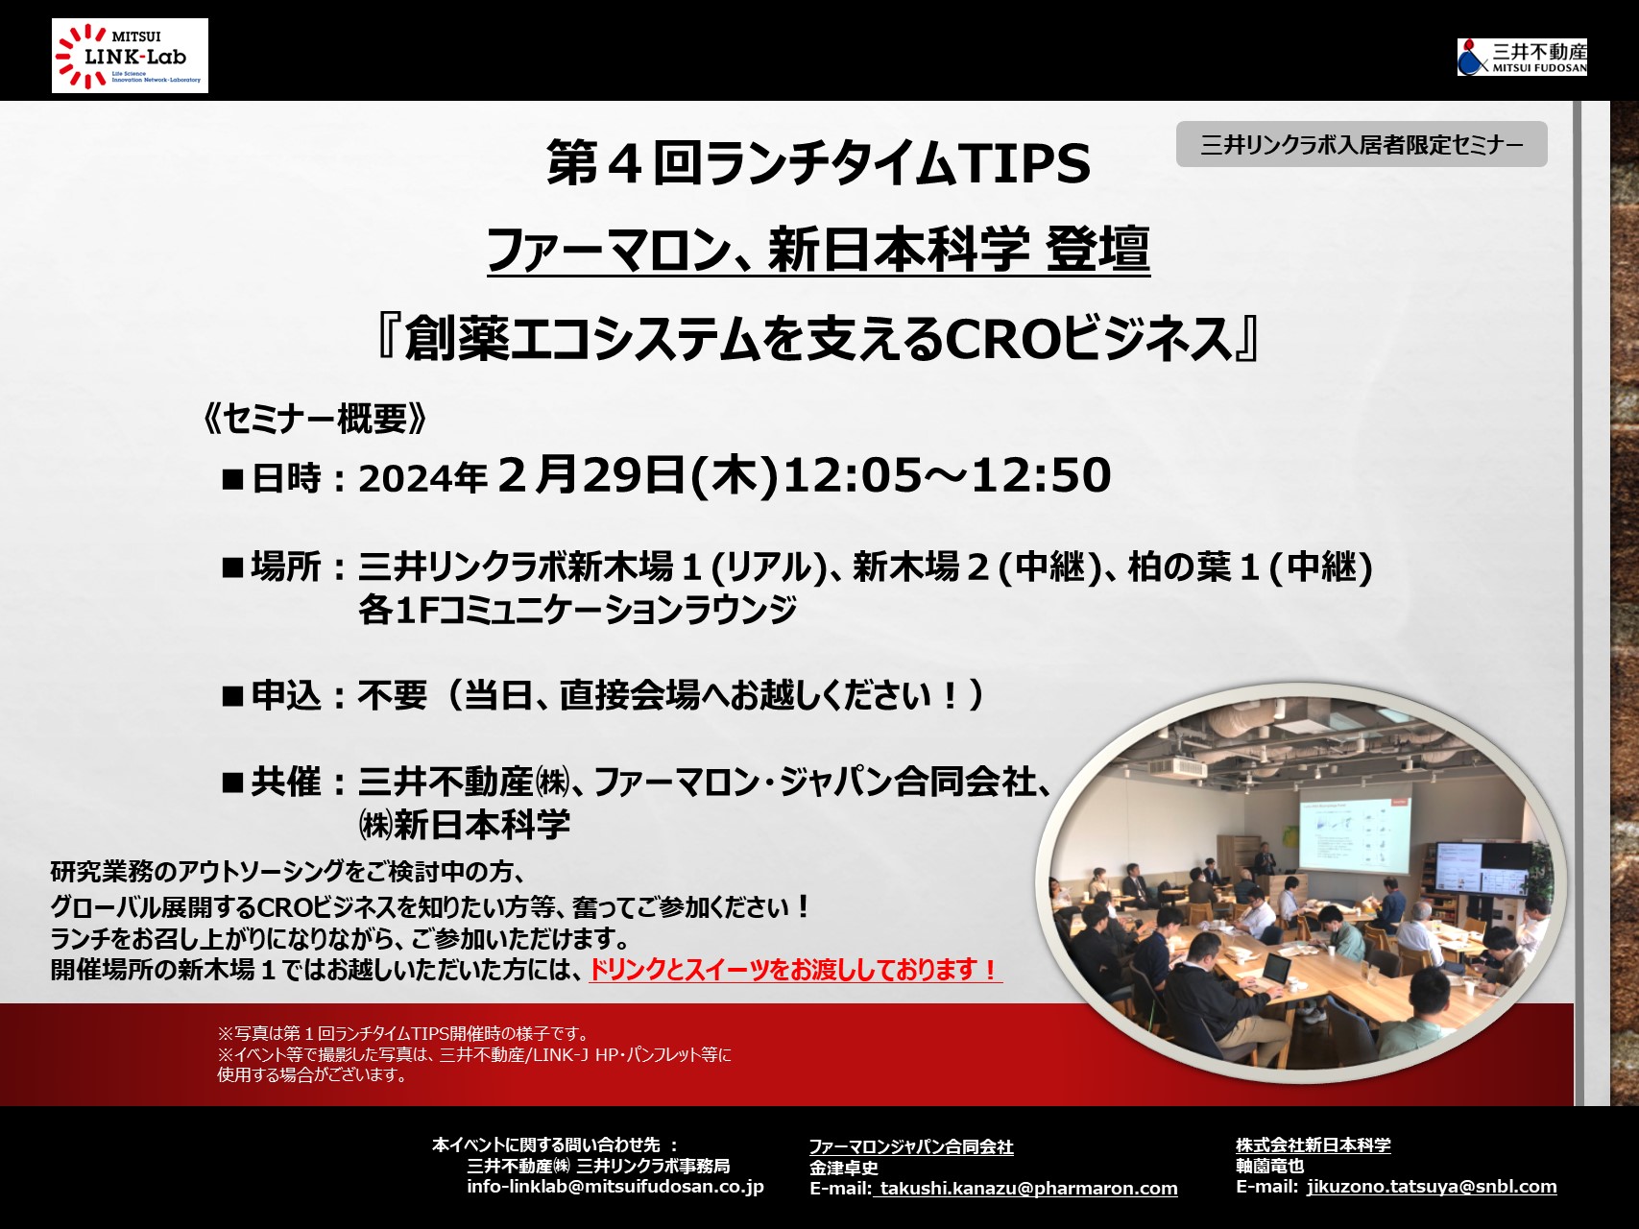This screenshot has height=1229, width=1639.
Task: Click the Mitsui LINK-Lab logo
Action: pyautogui.click(x=130, y=56)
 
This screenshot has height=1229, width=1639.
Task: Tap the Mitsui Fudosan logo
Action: pyautogui.click(x=1522, y=57)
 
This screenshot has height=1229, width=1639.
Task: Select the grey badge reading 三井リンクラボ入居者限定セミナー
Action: pyautogui.click(x=1362, y=144)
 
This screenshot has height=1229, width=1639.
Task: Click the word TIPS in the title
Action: pyautogui.click(x=1024, y=163)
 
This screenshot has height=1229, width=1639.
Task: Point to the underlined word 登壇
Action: pyautogui.click(x=1098, y=250)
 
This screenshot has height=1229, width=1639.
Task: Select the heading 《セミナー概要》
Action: pyautogui.click(x=315, y=419)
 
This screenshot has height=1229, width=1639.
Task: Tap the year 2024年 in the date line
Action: pyautogui.click(x=423, y=477)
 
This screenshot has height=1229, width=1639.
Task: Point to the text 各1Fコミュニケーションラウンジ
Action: pyautogui.click(x=578, y=610)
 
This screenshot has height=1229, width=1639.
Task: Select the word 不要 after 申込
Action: pyautogui.click(x=393, y=694)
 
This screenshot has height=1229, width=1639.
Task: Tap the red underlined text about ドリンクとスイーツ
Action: pyautogui.click(x=795, y=970)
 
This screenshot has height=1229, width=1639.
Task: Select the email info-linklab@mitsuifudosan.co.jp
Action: pyautogui.click(x=615, y=1187)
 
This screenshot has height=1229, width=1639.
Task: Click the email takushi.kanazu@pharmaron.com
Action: pyautogui.click(x=1028, y=1189)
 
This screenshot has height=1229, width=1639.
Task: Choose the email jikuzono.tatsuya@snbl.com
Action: pyautogui.click(x=1432, y=1187)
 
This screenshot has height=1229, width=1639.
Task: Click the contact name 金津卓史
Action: pyautogui.click(x=844, y=1168)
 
